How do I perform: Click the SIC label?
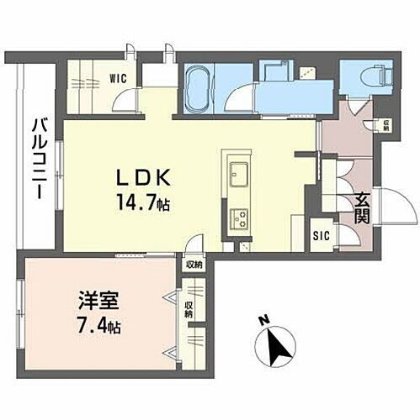pos(321,236)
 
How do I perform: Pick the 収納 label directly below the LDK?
pos(193,263)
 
